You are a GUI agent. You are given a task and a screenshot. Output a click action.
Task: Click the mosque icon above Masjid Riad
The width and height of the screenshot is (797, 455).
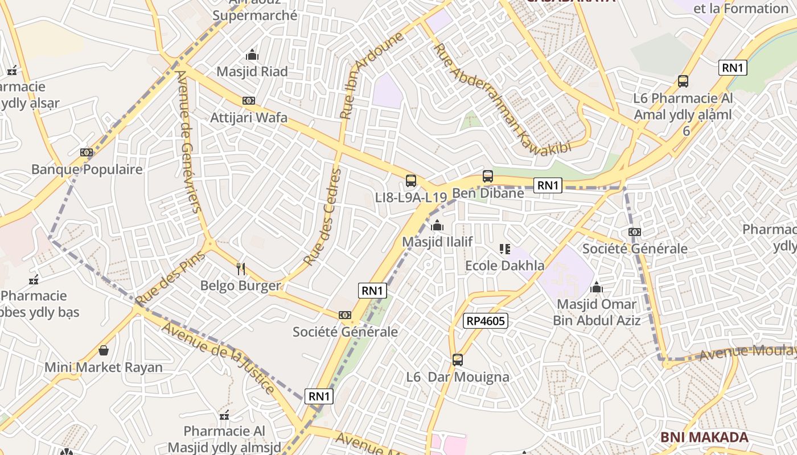pos(252,55)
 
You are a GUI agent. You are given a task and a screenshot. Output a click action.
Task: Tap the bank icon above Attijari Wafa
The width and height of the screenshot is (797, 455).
pos(249,101)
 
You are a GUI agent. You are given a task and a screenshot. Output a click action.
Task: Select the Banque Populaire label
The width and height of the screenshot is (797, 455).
pos(87,169)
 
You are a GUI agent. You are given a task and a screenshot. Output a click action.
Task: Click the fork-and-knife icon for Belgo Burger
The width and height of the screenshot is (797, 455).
pos(241,268)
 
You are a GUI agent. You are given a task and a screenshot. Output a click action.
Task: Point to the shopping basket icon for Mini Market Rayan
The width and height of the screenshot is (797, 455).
pos(104,350)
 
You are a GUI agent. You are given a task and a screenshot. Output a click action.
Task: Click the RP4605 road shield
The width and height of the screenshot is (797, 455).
pos(485,321)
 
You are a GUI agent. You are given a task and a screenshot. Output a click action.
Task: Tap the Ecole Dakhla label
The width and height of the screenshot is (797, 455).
pos(504,266)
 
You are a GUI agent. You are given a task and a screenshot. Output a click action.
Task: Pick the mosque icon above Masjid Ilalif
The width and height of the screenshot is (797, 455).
pos(437,225)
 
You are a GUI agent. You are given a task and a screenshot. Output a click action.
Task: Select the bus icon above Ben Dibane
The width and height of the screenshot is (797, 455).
pos(488,176)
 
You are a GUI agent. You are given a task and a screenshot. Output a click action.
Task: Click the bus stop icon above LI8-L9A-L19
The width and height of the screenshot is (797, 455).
pos(411,181)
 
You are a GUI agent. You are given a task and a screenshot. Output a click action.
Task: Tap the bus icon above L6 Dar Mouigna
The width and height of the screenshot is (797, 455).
pos(458,359)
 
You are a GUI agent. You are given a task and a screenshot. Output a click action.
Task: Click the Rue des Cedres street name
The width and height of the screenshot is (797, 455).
pos(323,217)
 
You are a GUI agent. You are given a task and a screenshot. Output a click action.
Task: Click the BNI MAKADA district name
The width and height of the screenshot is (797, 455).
pos(704,437)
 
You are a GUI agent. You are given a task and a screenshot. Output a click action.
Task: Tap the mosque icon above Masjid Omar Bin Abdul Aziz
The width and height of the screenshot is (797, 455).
pos(597,288)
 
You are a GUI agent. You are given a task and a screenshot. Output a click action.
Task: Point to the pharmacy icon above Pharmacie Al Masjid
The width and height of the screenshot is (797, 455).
pos(224,415)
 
